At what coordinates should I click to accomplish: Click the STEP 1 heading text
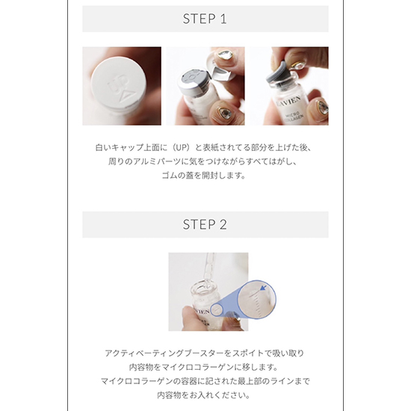205,19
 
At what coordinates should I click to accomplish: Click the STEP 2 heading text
205,225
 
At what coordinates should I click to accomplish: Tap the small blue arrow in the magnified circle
264,288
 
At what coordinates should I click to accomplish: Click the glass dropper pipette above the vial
209,271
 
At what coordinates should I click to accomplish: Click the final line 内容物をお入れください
203,395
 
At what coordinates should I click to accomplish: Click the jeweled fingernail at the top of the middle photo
223,56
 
